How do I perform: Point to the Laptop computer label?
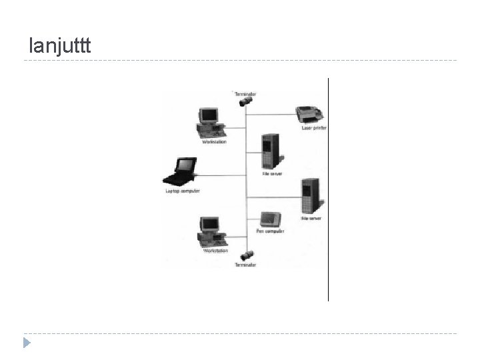(183, 191)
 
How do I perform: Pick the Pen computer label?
(270, 231)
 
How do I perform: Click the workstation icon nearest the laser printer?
(209, 121)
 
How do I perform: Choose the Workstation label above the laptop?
(214, 141)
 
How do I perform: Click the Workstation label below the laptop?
(215, 251)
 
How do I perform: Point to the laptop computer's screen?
(183, 166)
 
